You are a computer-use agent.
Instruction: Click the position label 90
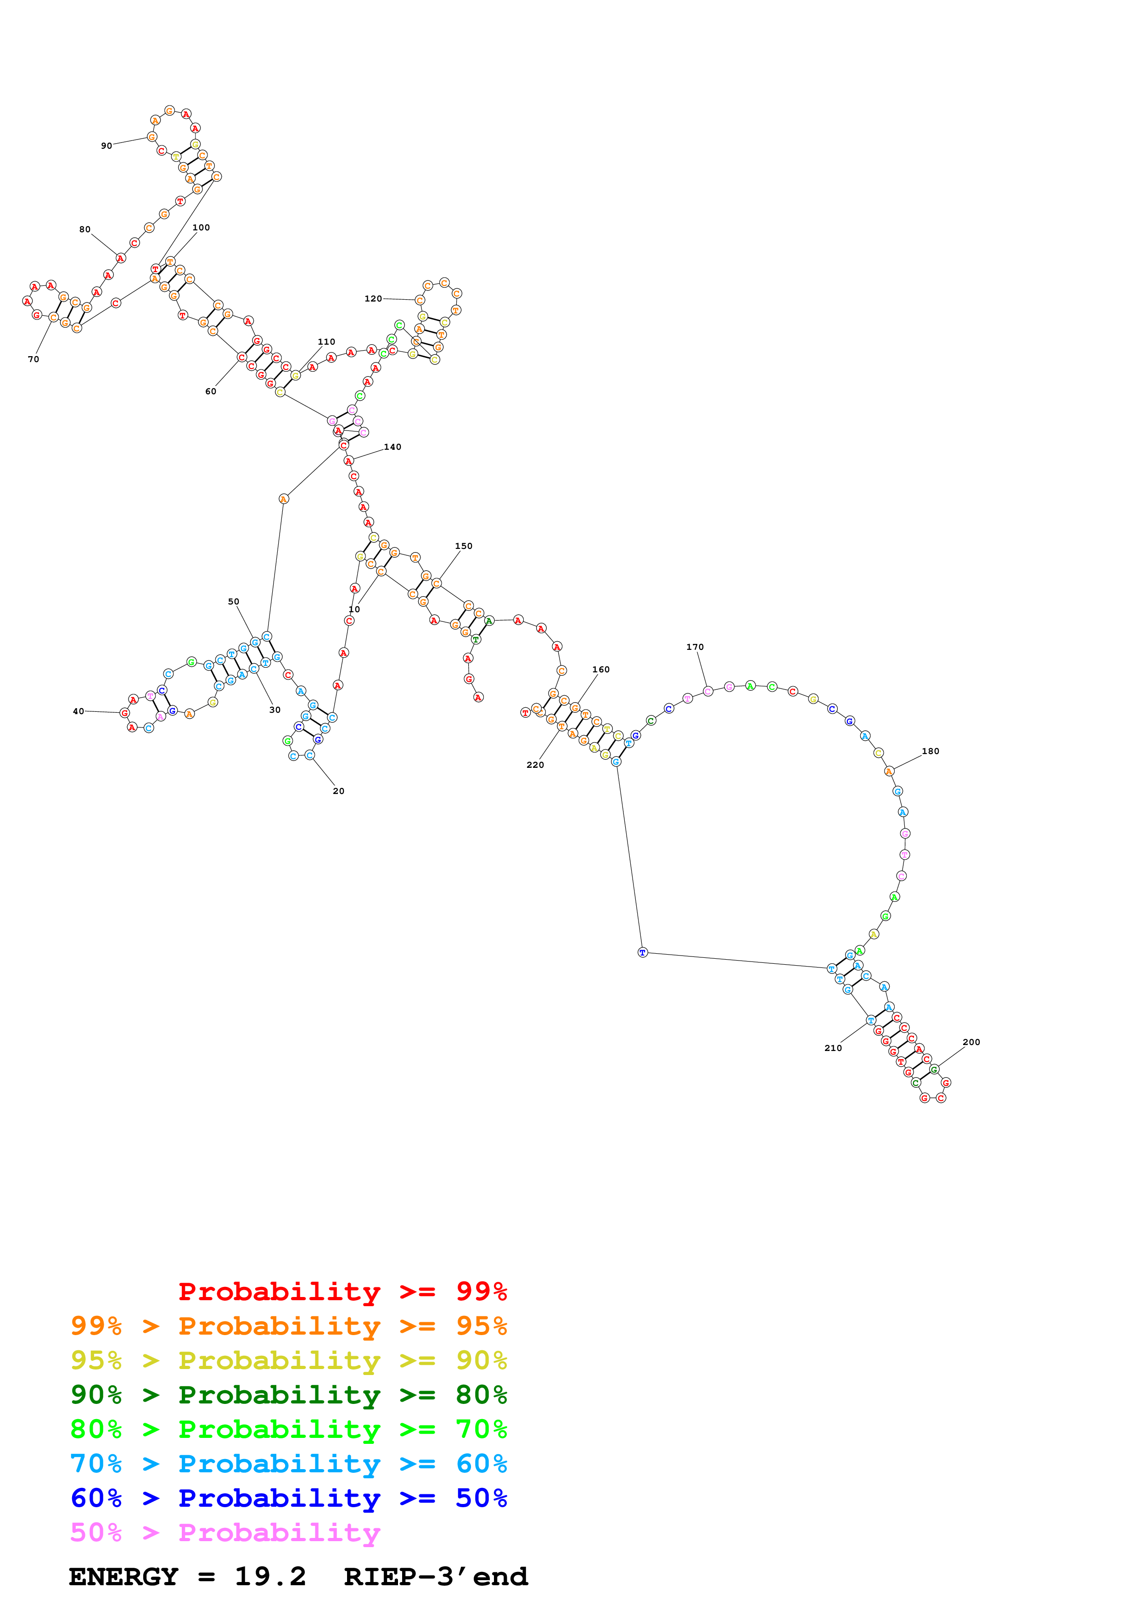point(107,146)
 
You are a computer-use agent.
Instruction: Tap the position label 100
point(201,227)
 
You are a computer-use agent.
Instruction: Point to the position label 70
point(34,359)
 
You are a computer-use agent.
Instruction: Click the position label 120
point(373,299)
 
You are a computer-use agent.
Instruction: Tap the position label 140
point(392,447)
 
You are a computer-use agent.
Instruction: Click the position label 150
point(464,546)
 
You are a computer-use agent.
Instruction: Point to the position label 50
point(234,602)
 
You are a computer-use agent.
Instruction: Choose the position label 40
point(78,711)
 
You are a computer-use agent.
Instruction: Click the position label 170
point(695,647)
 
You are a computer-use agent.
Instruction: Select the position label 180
point(931,751)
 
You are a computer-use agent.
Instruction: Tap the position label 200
point(971,1042)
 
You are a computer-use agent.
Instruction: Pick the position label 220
point(535,765)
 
